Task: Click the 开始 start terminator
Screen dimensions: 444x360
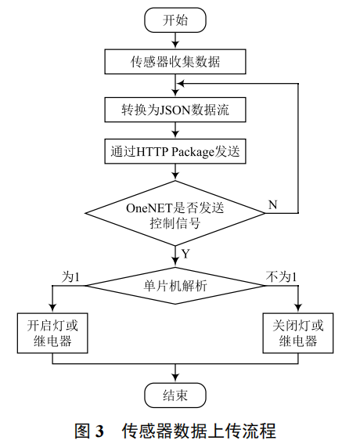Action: pos(175,20)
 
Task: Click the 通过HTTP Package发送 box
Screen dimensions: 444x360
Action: pos(175,151)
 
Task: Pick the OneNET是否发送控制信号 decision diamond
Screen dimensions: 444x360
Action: pos(175,212)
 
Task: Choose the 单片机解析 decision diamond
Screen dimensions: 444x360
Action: pos(175,287)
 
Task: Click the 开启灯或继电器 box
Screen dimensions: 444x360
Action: pos(52,333)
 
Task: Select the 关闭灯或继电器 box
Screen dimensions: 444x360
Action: pos(298,333)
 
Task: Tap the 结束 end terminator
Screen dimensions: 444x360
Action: pos(175,395)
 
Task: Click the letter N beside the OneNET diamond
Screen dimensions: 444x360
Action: pos(272,205)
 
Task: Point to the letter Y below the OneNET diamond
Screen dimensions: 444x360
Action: pos(185,253)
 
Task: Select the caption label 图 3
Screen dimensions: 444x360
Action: pos(88,430)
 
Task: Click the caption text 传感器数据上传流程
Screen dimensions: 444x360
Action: pos(199,430)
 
